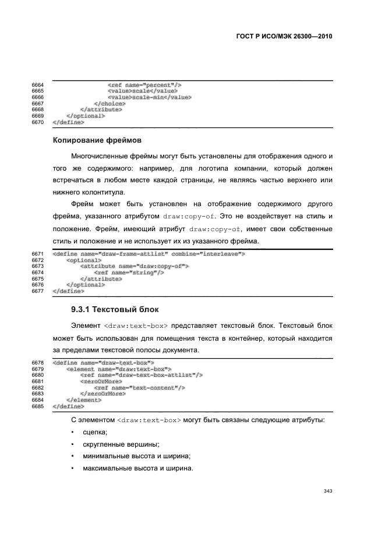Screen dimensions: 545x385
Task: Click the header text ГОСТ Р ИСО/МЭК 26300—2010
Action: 280,36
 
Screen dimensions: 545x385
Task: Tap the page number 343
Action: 327,491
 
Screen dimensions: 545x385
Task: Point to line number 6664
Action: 38,85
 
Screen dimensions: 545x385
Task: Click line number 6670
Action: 38,122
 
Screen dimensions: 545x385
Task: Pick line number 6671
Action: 38,254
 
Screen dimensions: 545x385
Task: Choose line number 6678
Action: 38,362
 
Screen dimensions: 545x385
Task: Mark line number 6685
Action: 38,406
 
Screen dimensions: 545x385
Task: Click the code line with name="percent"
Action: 145,85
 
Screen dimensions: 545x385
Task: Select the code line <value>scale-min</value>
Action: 150,97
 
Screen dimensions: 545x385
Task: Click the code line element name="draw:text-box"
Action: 119,369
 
